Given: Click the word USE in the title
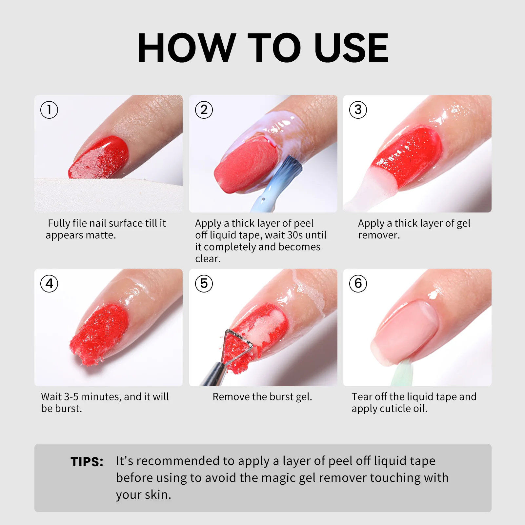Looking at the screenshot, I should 351,48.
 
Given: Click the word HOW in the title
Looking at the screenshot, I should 186,48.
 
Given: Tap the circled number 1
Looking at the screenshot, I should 49,110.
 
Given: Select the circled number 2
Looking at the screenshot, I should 204,110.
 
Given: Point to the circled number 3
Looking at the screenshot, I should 358,110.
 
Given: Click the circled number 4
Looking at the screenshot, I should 49,284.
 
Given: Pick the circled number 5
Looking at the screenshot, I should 204,284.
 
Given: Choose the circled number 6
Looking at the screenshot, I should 358,284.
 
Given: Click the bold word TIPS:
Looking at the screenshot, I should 87,462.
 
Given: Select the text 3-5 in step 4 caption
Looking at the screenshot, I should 71,397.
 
